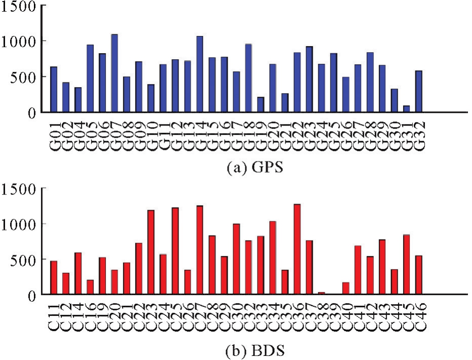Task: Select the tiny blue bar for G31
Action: click(x=407, y=109)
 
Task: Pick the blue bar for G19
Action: click(x=261, y=105)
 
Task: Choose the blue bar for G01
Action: click(x=54, y=90)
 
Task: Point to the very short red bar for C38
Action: click(x=322, y=293)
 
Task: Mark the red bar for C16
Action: click(x=90, y=287)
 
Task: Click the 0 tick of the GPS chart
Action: click(x=31, y=112)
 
